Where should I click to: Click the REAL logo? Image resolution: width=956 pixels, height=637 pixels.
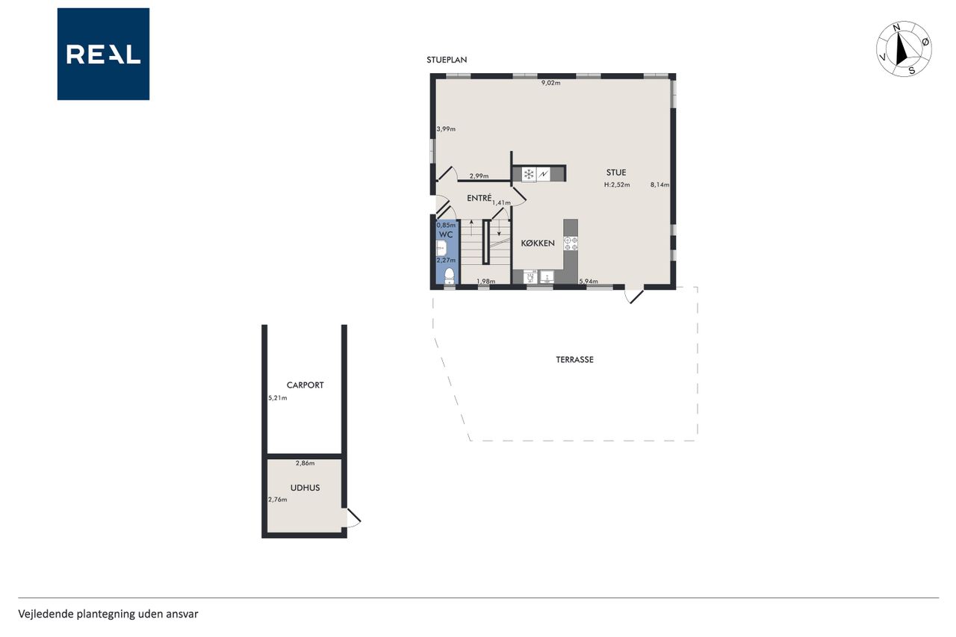click(103, 55)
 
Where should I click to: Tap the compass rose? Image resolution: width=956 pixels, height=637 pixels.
click(904, 49)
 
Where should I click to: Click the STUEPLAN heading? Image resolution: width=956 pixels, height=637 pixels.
click(447, 60)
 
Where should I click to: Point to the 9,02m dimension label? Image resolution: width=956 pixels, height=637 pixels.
click(550, 83)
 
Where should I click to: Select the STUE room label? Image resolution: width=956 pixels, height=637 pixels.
click(616, 173)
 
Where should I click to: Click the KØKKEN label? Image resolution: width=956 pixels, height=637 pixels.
click(538, 243)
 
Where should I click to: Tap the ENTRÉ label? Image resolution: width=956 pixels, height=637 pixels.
click(479, 198)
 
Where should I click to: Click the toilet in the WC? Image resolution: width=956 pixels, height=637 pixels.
click(449, 276)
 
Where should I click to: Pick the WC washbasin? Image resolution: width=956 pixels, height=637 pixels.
click(441, 247)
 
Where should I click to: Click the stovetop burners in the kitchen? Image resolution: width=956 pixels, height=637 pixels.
click(571, 243)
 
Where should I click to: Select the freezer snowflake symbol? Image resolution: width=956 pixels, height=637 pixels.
click(529, 174)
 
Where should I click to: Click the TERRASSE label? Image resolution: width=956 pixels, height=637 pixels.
click(574, 360)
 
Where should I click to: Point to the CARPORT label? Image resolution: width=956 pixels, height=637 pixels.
click(305, 385)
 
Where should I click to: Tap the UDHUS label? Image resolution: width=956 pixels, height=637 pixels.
click(305, 488)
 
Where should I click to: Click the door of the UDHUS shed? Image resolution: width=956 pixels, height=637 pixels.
click(353, 518)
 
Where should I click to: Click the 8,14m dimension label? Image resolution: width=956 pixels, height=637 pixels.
click(659, 184)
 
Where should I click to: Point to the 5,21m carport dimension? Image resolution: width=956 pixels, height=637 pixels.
click(277, 398)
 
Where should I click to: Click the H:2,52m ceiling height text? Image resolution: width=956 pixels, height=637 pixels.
click(617, 184)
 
